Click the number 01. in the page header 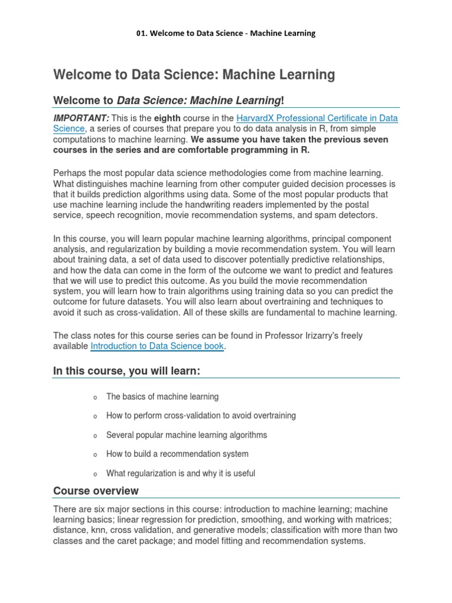coord(142,34)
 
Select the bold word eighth coord(167,118)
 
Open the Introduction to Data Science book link coord(157,346)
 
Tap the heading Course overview coord(96,491)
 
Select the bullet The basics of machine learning coord(162,396)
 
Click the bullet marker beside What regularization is coord(94,474)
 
